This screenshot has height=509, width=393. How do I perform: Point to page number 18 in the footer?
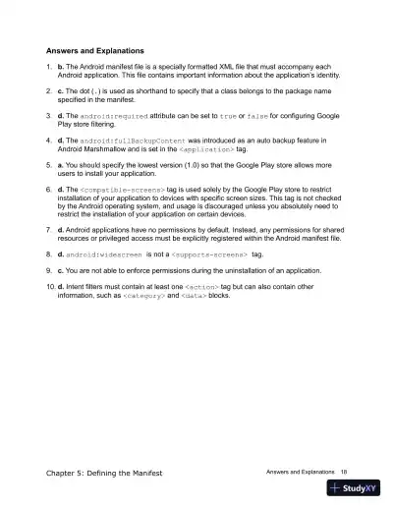pos(344,473)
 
